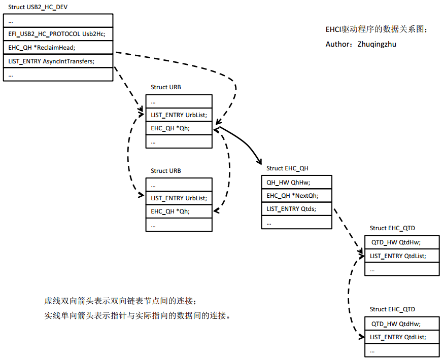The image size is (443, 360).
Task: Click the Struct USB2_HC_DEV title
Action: [38, 7]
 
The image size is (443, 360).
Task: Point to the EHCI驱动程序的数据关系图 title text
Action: [376, 29]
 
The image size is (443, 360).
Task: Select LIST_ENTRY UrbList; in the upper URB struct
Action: [179, 115]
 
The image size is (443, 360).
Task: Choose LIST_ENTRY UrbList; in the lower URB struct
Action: [179, 198]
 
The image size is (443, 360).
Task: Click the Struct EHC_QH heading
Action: [287, 168]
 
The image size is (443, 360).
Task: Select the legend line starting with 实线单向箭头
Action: [137, 315]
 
